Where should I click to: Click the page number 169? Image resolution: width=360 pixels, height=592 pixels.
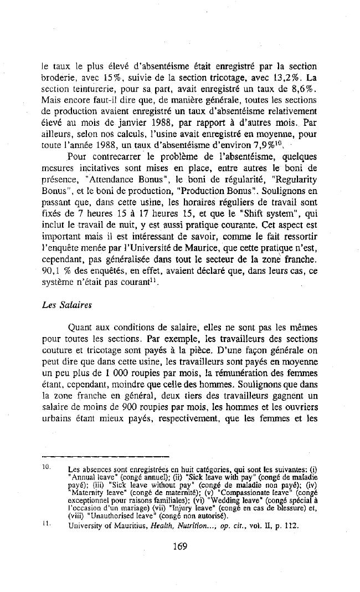click(x=180, y=530)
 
